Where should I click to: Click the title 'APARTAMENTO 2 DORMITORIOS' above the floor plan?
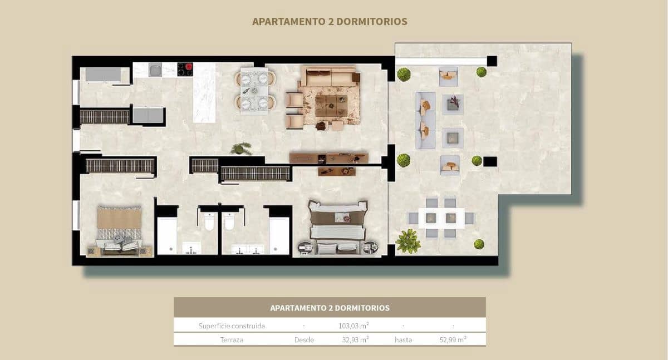coord(330,22)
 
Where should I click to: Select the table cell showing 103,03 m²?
coord(353,326)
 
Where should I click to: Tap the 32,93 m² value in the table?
coord(353,339)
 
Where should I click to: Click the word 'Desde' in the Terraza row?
coord(304,339)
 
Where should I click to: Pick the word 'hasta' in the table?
coord(403,339)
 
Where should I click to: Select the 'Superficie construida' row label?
coord(232,326)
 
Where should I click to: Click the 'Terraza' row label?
coord(232,339)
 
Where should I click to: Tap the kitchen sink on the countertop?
coord(154,70)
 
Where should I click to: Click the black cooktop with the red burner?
coord(185,69)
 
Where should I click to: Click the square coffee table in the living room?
coord(331,105)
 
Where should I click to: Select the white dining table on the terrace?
coord(441,218)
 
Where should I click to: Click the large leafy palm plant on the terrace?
coord(408,241)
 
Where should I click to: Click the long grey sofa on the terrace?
coord(425,120)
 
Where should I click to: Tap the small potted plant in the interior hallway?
coord(240,148)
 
